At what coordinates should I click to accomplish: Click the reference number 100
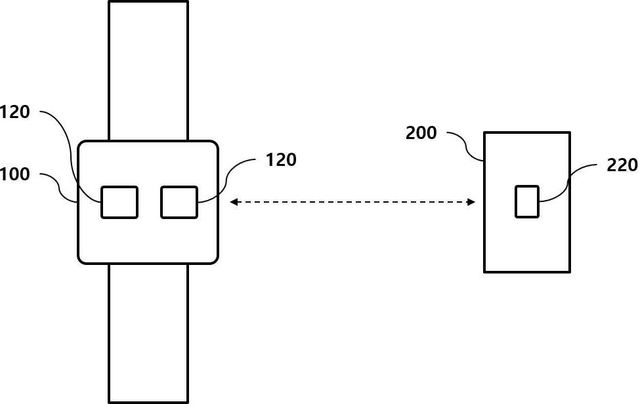point(14,174)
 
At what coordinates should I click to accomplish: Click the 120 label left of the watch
point(14,112)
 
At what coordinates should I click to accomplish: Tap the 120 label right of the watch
point(281,159)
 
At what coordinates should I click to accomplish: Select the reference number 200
point(421,133)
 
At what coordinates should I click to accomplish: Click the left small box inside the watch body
point(119,202)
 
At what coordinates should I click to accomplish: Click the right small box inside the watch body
point(179,202)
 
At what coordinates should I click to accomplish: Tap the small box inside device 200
point(527,201)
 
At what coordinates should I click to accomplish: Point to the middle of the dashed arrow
point(352,203)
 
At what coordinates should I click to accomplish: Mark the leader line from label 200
point(467,144)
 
